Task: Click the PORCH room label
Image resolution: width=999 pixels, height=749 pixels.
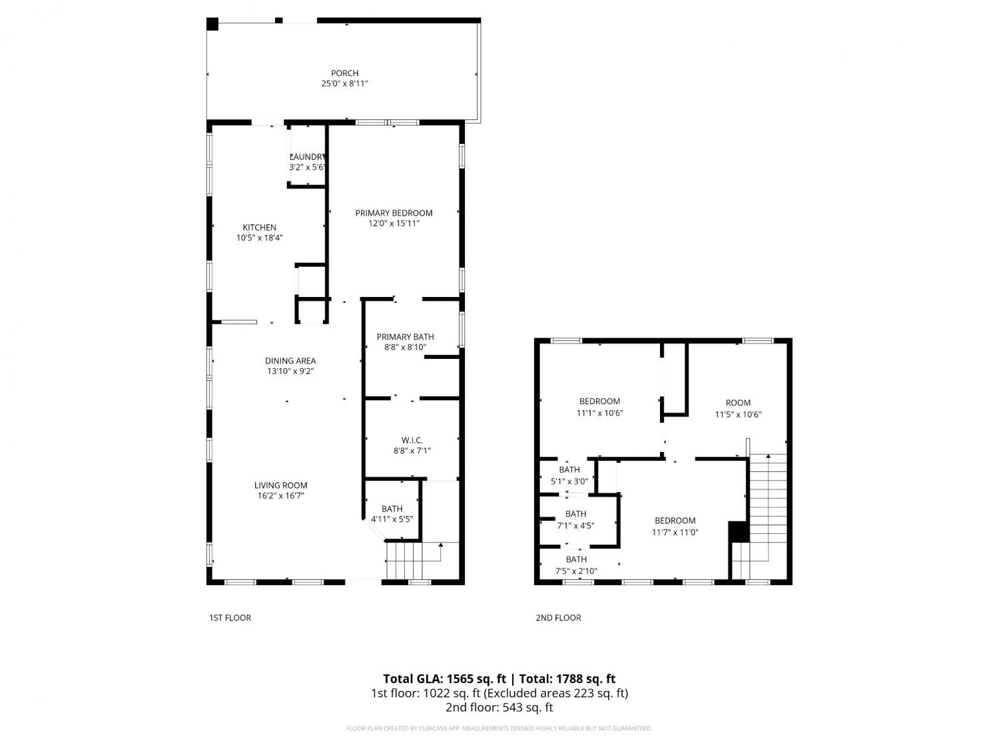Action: click(x=344, y=73)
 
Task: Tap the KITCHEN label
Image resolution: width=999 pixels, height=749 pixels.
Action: click(x=260, y=228)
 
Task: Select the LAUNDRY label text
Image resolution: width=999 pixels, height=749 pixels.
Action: click(x=307, y=156)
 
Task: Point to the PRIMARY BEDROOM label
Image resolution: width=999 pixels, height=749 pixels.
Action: click(x=394, y=213)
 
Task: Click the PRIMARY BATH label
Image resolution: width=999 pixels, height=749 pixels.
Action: click(x=405, y=336)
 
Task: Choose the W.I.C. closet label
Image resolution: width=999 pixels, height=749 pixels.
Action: click(x=412, y=440)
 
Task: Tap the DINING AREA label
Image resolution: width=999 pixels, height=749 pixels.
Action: click(x=290, y=361)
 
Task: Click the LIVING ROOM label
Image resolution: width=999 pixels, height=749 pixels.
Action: click(x=281, y=485)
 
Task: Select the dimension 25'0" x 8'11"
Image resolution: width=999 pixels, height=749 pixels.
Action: click(x=344, y=84)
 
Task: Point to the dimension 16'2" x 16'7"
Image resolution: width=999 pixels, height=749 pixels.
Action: click(x=281, y=496)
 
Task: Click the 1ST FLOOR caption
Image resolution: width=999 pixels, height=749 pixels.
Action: click(x=230, y=618)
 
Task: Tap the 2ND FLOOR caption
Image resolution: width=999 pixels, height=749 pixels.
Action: click(x=558, y=618)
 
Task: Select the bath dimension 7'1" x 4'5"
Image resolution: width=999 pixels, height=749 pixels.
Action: click(x=575, y=526)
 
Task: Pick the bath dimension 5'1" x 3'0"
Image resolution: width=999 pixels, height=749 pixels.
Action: click(x=569, y=481)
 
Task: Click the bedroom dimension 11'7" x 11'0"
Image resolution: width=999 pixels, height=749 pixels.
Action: click(x=675, y=532)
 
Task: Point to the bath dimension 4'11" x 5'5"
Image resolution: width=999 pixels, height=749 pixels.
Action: click(x=392, y=519)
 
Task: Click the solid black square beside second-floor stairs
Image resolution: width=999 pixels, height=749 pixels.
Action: click(x=739, y=532)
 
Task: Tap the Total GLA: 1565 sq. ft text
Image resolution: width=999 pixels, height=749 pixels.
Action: click(x=444, y=679)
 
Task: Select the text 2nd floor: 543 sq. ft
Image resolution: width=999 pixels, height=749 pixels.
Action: click(x=499, y=707)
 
